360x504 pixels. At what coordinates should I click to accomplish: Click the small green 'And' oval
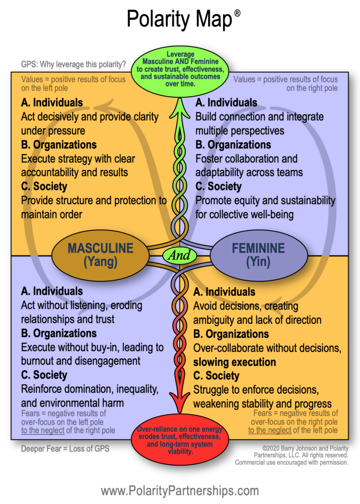click(180, 255)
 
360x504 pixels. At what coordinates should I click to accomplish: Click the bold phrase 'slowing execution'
click(234, 362)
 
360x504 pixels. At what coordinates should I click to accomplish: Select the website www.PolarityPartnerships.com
click(180, 490)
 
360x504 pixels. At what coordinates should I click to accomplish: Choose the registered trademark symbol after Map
click(237, 13)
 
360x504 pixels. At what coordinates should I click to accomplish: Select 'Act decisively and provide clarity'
click(90, 117)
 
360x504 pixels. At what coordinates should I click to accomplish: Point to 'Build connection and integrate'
click(260, 117)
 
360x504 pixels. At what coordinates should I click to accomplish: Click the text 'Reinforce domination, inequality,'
click(90, 389)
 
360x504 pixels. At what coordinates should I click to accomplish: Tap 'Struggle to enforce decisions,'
click(256, 390)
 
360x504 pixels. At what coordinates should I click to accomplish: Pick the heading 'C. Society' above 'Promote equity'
click(218, 187)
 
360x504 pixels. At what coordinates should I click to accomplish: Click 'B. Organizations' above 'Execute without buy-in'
click(59, 333)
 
